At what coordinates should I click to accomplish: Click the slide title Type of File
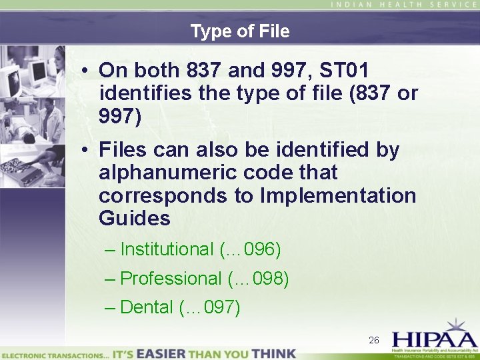tap(239, 31)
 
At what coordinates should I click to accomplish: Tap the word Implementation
tap(339, 195)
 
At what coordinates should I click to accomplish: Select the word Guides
tap(135, 218)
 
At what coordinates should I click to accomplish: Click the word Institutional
tap(167, 249)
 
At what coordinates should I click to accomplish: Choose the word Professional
tap(171, 278)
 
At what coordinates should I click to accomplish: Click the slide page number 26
tap(374, 341)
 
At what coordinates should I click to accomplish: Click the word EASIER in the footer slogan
tap(166, 353)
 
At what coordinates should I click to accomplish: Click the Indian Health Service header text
tap(403, 5)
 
